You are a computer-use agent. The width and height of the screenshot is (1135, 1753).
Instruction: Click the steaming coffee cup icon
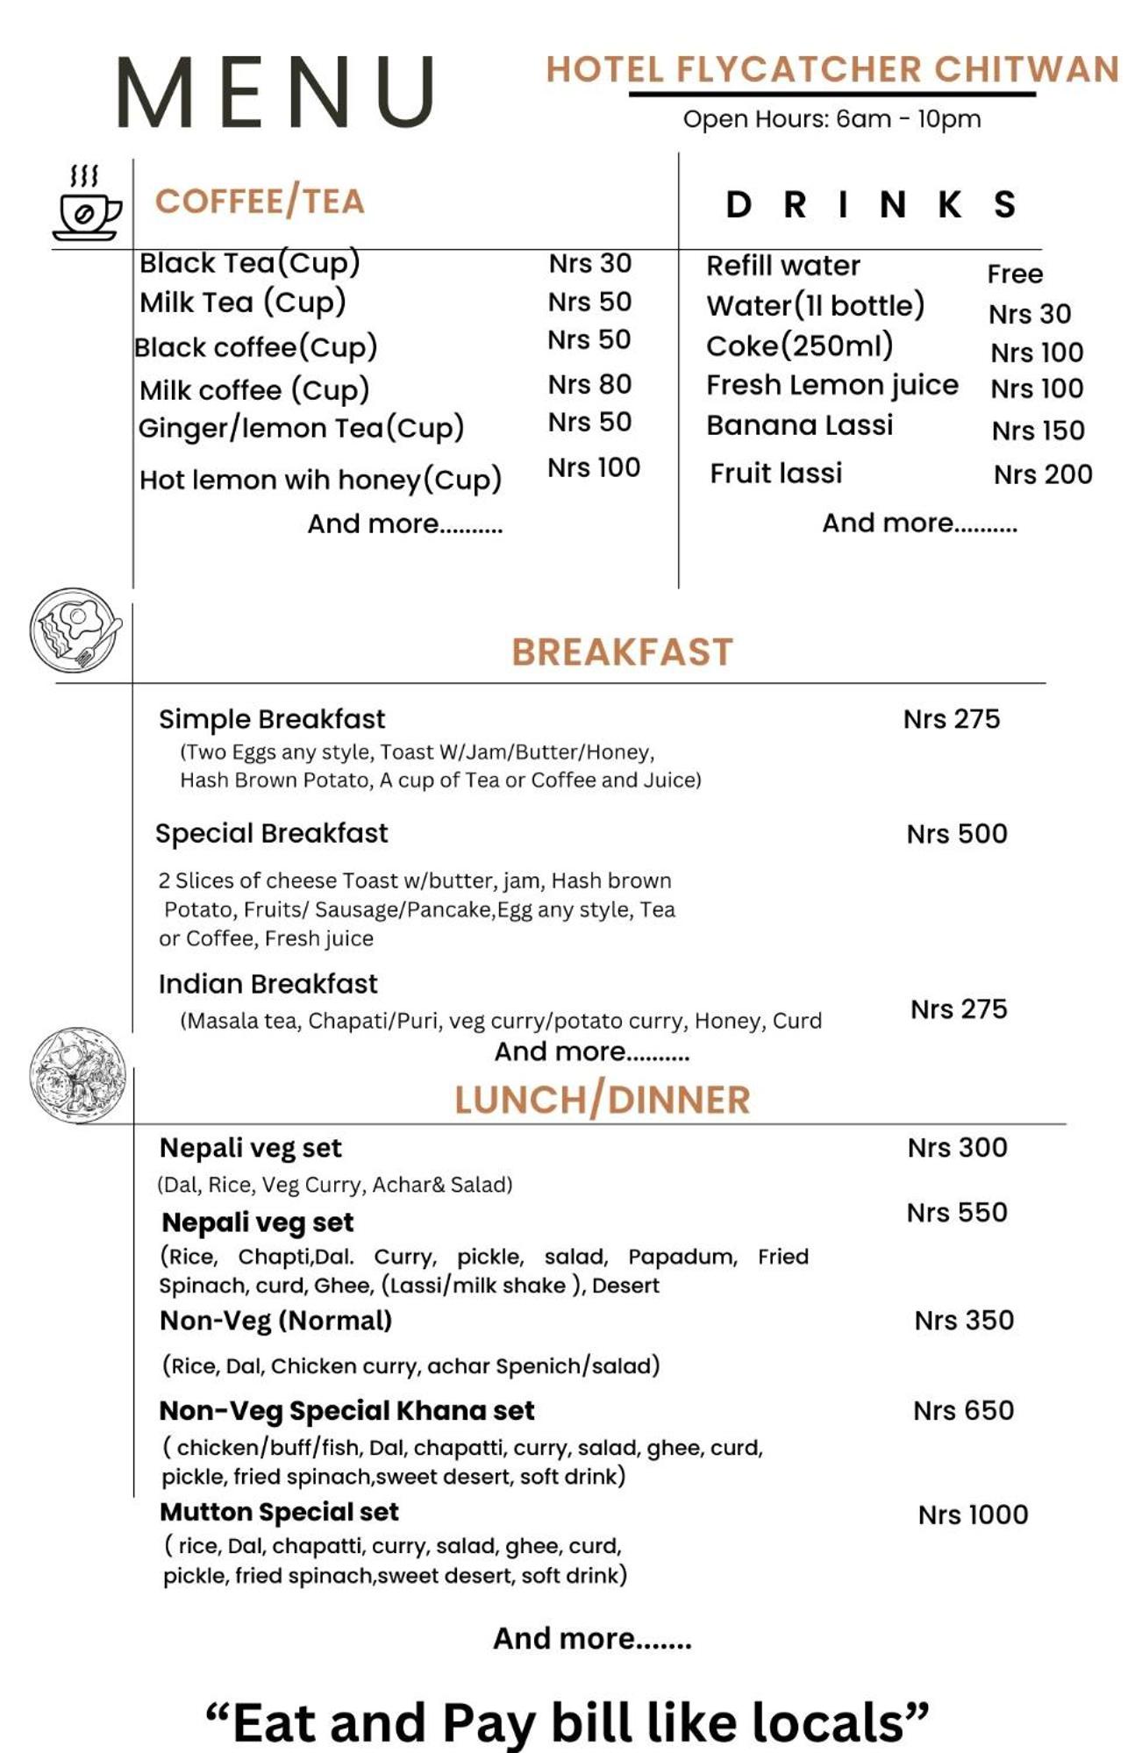pos(86,203)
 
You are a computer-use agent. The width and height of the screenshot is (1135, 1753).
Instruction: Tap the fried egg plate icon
pos(76,630)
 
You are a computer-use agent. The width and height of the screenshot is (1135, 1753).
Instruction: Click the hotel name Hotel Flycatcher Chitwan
pos(832,70)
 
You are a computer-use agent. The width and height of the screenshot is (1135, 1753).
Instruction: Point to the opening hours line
pos(832,119)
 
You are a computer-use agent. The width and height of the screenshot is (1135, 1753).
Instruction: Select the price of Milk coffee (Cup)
pos(589,384)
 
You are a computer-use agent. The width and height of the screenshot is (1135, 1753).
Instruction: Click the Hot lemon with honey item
pos(320,480)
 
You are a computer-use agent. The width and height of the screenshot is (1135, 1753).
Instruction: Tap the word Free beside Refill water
pos(1015,274)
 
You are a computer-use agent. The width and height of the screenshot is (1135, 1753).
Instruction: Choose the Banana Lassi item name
pos(799,425)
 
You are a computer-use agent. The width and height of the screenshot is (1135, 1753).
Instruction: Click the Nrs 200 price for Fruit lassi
pos(1042,474)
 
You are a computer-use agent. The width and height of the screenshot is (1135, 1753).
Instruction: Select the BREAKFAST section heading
pos(622,652)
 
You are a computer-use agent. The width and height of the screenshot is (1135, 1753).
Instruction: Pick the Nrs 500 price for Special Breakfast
pos(957,833)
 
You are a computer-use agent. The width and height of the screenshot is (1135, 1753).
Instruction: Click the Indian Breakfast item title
pos(268,984)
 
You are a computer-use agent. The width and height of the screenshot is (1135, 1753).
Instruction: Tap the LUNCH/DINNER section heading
pos(603,1100)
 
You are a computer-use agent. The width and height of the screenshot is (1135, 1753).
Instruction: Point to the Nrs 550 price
pos(957,1212)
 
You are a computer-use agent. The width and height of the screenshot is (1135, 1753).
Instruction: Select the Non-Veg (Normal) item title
pos(275,1321)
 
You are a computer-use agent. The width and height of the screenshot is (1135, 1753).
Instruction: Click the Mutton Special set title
pos(279,1512)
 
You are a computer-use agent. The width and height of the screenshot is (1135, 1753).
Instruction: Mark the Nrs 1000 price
pos(973,1514)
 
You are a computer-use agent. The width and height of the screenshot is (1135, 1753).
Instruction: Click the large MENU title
pos(276,92)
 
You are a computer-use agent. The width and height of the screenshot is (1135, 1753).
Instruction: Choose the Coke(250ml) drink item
pos(799,346)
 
